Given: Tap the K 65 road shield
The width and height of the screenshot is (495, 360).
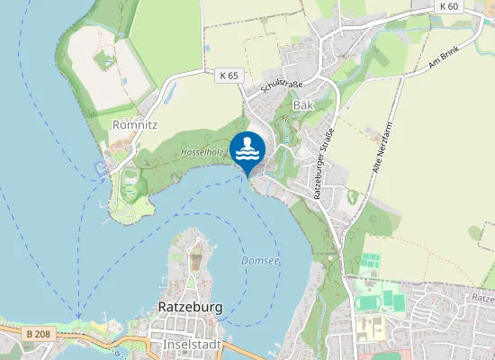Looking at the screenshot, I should click(x=229, y=76).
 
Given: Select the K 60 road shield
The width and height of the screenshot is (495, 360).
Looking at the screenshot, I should click(x=450, y=6).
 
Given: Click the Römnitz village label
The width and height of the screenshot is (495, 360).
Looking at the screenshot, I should click(x=135, y=124).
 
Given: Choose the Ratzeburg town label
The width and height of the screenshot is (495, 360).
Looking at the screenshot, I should click(x=190, y=307).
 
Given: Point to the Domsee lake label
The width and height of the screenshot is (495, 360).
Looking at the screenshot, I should click(x=259, y=261).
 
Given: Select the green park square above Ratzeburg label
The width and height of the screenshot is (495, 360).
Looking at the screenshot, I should click(x=197, y=263).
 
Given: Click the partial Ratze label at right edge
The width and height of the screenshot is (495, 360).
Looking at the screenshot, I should click(x=482, y=296).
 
